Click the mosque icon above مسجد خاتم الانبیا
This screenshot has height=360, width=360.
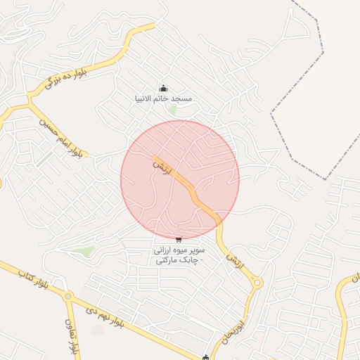pyautogui.click(x=163, y=88)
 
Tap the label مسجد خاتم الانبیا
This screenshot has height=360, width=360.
pyautogui.click(x=163, y=99)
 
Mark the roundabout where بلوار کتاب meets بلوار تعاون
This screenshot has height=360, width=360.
pyautogui.click(x=67, y=296)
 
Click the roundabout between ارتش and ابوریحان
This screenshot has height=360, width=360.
pyautogui.click(x=257, y=283)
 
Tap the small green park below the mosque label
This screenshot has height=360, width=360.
pyautogui.click(x=172, y=110)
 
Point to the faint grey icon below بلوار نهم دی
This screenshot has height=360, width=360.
pyautogui.click(x=97, y=330)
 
